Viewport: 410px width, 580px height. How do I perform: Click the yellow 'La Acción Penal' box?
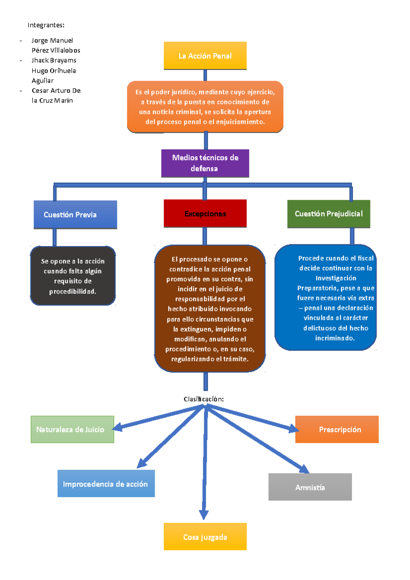(205, 56)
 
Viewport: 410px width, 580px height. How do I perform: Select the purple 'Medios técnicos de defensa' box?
(205, 163)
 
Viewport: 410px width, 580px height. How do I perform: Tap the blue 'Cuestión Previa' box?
(75, 215)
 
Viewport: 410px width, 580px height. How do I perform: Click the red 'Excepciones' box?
(205, 213)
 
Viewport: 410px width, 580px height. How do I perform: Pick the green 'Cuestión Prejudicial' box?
(329, 214)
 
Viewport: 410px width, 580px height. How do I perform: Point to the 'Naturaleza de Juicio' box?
(72, 429)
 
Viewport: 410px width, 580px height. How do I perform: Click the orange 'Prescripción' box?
(337, 429)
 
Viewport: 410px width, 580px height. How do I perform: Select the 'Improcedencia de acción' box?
(106, 484)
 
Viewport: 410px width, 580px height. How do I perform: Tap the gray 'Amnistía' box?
(310, 487)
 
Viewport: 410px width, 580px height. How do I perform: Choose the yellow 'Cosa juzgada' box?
(205, 537)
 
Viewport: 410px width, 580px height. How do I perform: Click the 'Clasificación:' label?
(204, 399)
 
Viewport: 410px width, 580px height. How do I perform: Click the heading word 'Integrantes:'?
(46, 25)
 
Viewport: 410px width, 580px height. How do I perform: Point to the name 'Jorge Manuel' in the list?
(52, 40)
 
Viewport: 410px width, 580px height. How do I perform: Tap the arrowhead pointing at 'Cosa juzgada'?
(204, 514)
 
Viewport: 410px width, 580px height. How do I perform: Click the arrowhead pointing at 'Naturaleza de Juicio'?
(117, 427)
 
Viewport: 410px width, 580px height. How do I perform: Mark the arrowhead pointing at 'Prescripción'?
(294, 428)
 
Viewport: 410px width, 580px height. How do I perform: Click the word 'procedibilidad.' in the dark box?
(73, 291)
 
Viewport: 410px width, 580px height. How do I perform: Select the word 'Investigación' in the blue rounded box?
(336, 278)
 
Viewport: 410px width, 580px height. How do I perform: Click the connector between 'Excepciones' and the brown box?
(205, 236)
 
